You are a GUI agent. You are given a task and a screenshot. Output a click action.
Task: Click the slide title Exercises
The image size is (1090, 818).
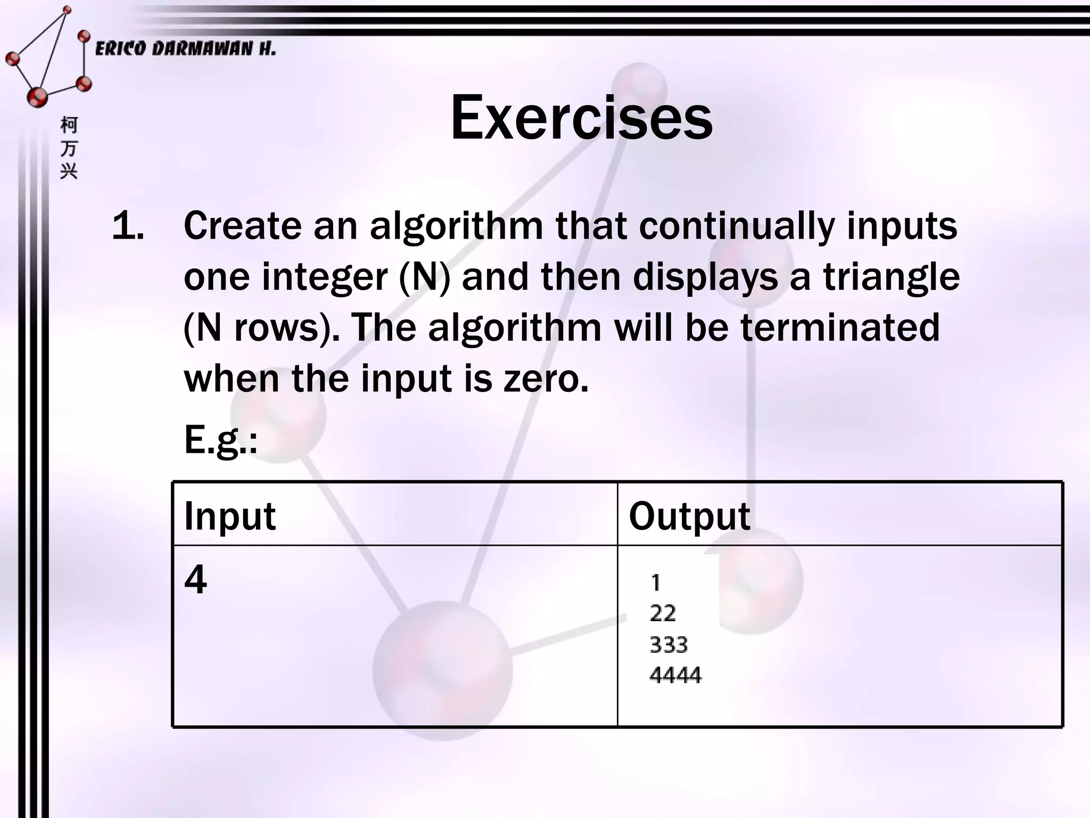pos(581,118)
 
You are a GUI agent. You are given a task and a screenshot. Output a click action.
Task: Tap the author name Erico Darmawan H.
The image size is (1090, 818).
pos(185,49)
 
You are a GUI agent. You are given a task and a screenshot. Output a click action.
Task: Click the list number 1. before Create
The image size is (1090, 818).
pos(128,226)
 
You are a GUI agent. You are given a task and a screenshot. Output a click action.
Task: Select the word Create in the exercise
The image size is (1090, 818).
pos(242,226)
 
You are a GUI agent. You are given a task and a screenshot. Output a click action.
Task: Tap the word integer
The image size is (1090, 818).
pos(325,279)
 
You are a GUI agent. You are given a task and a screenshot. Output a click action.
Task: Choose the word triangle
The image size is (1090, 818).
pos(891,279)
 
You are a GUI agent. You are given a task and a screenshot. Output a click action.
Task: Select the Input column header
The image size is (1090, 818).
pos(230,516)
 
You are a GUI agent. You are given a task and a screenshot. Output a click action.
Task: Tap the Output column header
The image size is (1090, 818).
pos(689,516)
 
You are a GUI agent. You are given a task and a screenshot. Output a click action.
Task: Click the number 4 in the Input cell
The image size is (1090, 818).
pos(195,579)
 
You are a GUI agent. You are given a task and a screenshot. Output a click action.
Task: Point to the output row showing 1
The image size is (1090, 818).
pos(656,583)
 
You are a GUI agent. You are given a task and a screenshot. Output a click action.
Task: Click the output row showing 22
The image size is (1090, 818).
pos(663,613)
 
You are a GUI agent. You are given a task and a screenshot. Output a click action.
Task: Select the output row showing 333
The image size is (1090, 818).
pos(669,645)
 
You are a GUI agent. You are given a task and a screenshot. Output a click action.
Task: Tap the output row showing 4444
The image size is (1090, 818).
pos(675,675)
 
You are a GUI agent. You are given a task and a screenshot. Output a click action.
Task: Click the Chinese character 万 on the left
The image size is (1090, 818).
pos(69,149)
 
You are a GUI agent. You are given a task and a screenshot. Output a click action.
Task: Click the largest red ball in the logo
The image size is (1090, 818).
pos(37,96)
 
